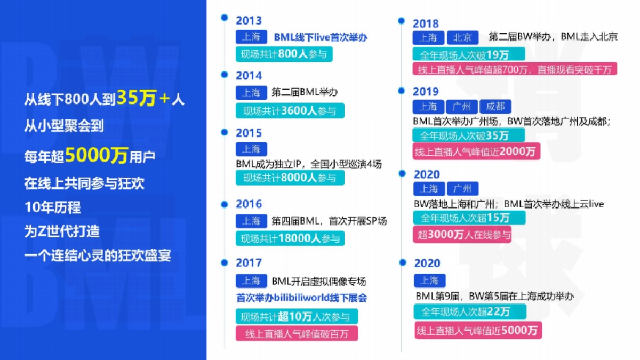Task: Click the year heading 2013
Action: [249, 21]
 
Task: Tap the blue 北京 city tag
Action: [462, 37]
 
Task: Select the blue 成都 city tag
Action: [495, 107]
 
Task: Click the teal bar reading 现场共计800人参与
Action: [284, 54]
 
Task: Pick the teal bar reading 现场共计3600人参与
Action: [290, 111]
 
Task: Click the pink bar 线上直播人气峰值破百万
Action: [297, 334]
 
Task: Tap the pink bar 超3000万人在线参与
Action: [462, 234]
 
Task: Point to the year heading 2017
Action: [249, 263]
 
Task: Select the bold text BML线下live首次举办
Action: [321, 37]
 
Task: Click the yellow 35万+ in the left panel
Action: [143, 98]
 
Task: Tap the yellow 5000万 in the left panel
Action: [97, 156]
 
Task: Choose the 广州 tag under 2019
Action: [462, 107]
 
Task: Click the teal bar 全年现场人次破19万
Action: [468, 54]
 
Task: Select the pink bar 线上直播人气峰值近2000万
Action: [476, 151]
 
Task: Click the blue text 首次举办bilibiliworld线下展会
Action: [301, 298]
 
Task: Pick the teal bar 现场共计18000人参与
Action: [290, 238]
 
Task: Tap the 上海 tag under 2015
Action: [251, 149]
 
